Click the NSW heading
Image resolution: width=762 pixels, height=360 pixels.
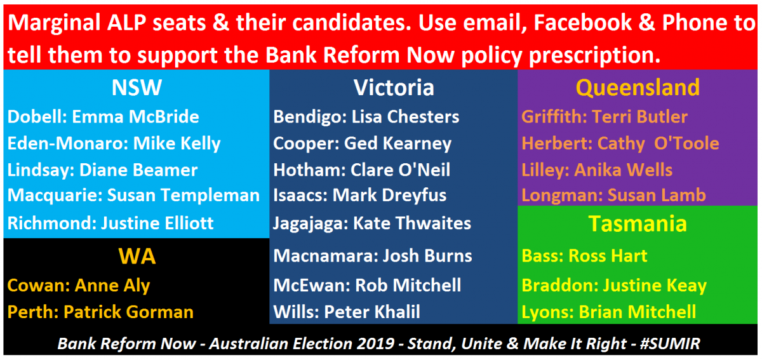pyautogui.click(x=137, y=88)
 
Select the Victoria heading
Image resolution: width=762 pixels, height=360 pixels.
pyautogui.click(x=394, y=88)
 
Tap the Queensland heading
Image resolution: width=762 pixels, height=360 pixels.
pyautogui.click(x=638, y=88)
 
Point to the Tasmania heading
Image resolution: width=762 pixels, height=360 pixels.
pyautogui.click(x=638, y=223)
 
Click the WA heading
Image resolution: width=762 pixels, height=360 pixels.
pyautogui.click(x=137, y=257)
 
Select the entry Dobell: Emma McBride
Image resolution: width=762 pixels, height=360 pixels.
pyautogui.click(x=104, y=117)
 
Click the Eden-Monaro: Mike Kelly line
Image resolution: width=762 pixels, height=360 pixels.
pyautogui.click(x=114, y=143)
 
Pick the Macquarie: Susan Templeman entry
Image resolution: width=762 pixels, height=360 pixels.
pyautogui.click(x=133, y=196)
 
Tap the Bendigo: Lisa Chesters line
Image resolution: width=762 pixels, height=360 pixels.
pyautogui.click(x=366, y=117)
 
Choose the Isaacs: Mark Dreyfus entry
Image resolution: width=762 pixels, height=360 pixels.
pyautogui.click(x=360, y=196)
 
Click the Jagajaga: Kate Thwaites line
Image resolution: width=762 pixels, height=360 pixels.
pyautogui.click(x=372, y=223)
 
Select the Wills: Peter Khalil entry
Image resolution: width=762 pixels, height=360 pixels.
pyautogui.click(x=347, y=312)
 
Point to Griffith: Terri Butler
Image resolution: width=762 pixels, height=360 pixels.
pyautogui.click(x=605, y=117)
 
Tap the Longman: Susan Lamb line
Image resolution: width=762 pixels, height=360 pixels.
pyautogui.click(x=613, y=196)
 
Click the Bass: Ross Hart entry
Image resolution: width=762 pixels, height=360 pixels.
pyautogui.click(x=584, y=257)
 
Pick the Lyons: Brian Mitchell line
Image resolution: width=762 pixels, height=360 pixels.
pyautogui.click(x=609, y=312)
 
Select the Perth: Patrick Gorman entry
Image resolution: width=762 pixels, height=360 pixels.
pyautogui.click(x=100, y=312)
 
